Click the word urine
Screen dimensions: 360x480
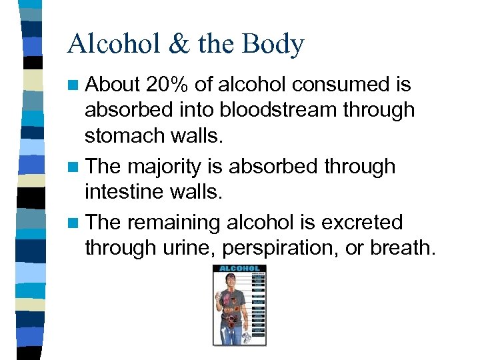pyautogui.click(x=189, y=247)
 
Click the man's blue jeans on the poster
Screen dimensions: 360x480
pyautogui.click(x=231, y=333)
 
